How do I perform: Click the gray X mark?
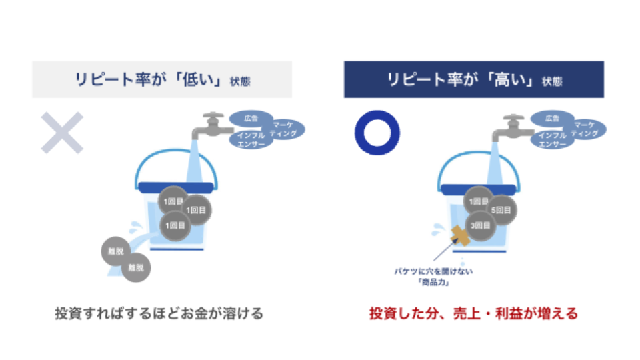click(x=62, y=133)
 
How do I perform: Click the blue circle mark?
click(x=377, y=133)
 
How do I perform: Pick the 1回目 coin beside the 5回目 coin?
click(x=478, y=201)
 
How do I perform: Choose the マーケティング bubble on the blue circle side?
click(x=585, y=129)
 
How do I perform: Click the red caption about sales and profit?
click(x=473, y=313)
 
